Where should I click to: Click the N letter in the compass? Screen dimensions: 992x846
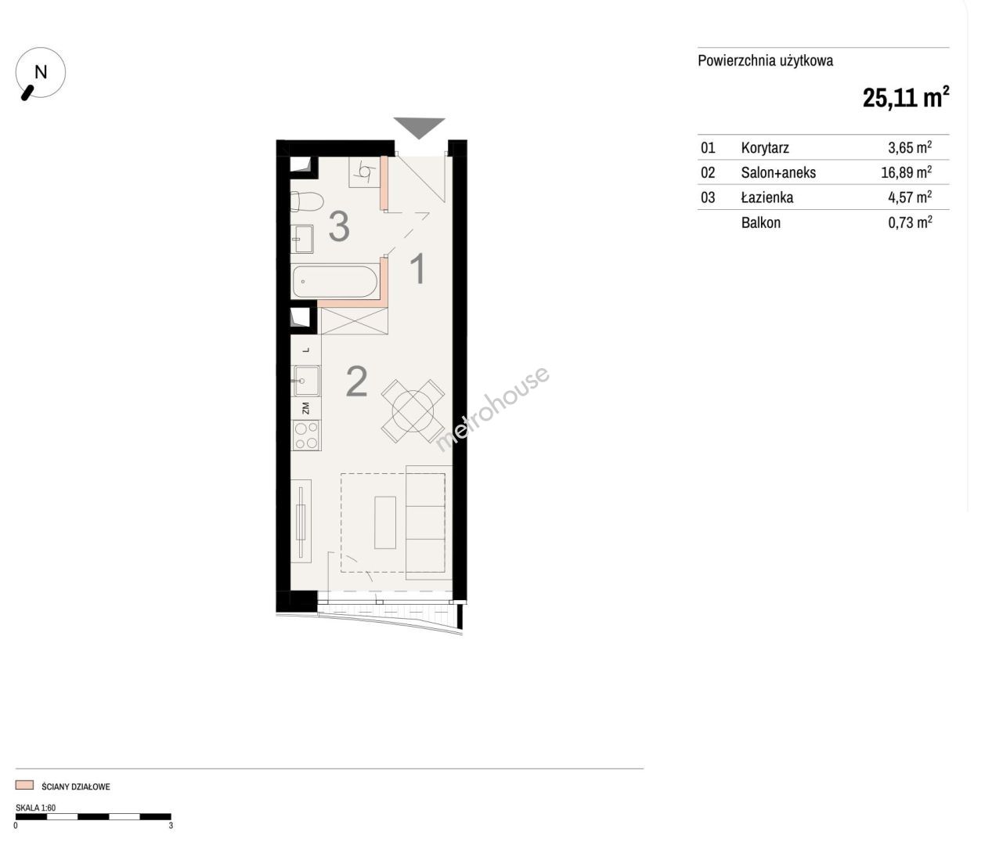pyautogui.click(x=41, y=72)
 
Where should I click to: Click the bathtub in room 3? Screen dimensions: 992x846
pyautogui.click(x=334, y=281)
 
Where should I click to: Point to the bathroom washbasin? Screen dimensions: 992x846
pyautogui.click(x=302, y=239)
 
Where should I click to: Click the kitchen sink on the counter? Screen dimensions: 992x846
pyautogui.click(x=306, y=381)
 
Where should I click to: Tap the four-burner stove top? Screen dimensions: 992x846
pyautogui.click(x=306, y=435)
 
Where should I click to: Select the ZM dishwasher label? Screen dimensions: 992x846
pyautogui.click(x=305, y=409)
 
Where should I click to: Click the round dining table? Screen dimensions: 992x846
pyautogui.click(x=413, y=411)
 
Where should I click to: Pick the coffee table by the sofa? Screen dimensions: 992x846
pyautogui.click(x=385, y=522)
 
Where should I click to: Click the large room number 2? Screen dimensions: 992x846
pyautogui.click(x=356, y=381)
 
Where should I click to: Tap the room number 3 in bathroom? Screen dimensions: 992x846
pyautogui.click(x=339, y=226)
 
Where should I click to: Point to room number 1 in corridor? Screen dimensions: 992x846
pyautogui.click(x=419, y=269)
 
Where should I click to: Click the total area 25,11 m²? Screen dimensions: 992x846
pyautogui.click(x=906, y=98)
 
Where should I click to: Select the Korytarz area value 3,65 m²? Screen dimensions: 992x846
pyautogui.click(x=910, y=147)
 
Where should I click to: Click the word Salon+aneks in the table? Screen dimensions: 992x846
pyautogui.click(x=778, y=173)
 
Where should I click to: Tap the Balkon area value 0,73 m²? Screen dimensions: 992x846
pyautogui.click(x=910, y=222)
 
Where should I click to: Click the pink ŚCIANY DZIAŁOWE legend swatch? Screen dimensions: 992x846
pyautogui.click(x=24, y=785)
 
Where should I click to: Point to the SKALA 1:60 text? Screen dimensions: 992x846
pyautogui.click(x=35, y=808)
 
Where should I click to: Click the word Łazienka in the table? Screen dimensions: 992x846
pyautogui.click(x=767, y=197)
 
